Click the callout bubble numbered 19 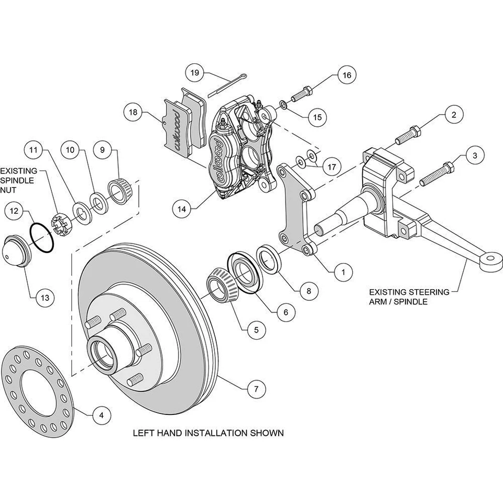pos(195,73)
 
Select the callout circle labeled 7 pos(255,389)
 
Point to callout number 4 pos(102,415)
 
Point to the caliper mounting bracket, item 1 pos(296,210)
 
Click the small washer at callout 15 pos(283,106)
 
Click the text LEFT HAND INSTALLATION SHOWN pos(208,433)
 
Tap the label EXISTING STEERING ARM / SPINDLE pos(409,297)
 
